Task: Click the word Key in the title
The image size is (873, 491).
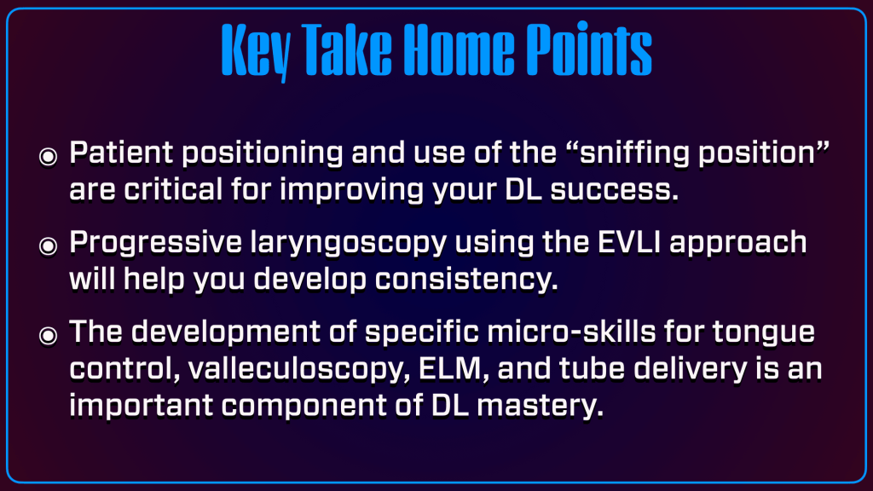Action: [x=256, y=51]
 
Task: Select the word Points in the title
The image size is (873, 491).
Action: [x=589, y=49]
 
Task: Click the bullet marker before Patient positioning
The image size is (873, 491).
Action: [x=49, y=157]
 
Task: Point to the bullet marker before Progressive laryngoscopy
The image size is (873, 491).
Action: [x=49, y=245]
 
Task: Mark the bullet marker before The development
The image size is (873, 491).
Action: [x=49, y=335]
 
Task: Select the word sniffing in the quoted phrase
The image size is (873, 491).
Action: [x=634, y=154]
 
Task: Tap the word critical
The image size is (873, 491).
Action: [x=173, y=190]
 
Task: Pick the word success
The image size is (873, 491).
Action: [x=615, y=191]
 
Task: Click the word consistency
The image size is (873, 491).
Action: [x=466, y=280]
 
